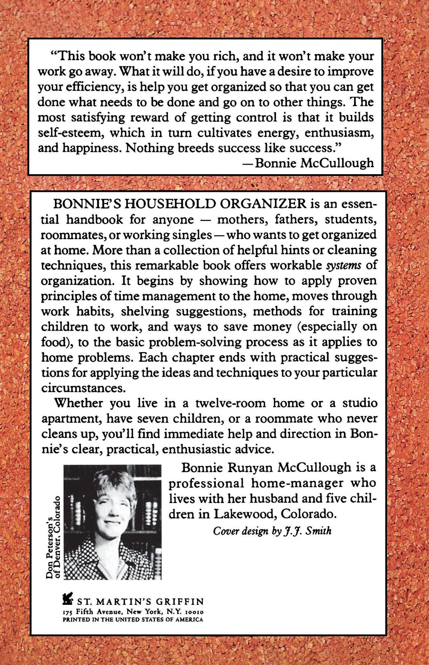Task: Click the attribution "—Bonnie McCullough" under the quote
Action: click(x=309, y=163)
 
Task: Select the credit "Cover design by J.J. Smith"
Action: click(x=272, y=531)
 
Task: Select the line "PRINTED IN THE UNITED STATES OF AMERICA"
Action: click(x=133, y=620)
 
